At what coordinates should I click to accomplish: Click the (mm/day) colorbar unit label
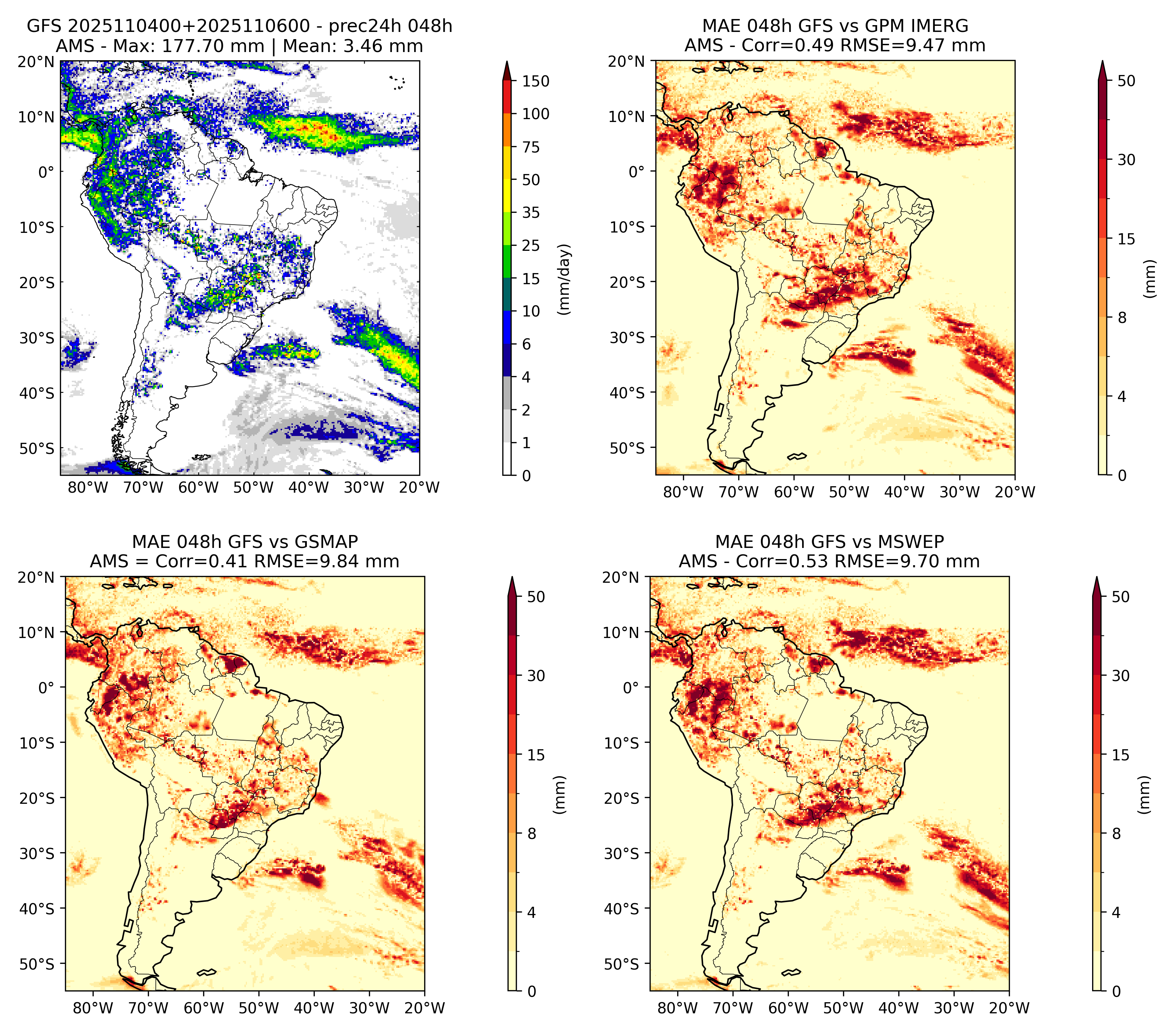[x=565, y=279]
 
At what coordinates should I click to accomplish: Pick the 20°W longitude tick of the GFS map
[x=419, y=488]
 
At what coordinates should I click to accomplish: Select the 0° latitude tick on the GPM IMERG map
[x=636, y=171]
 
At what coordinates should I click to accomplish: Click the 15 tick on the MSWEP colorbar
[x=1121, y=755]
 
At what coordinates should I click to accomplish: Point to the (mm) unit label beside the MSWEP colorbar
[x=1146, y=795]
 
